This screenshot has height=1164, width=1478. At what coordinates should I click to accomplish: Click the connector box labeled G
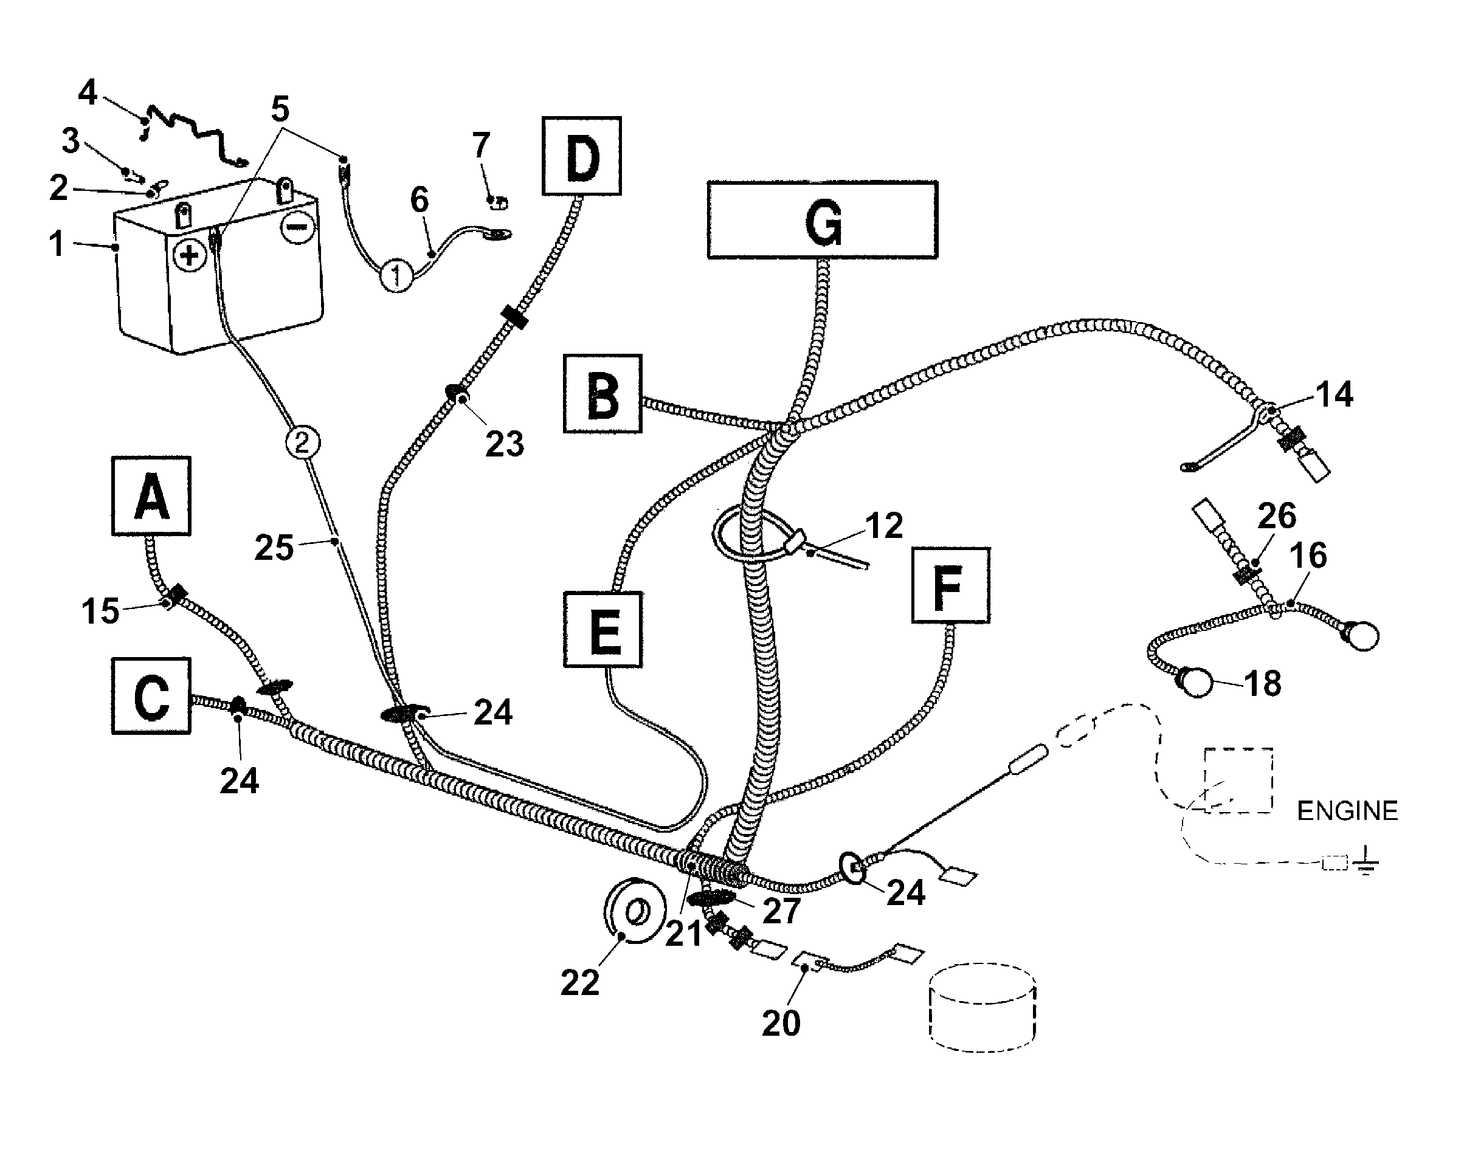click(822, 220)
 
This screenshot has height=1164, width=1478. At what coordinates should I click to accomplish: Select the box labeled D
click(581, 156)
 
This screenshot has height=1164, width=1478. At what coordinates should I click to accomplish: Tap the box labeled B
click(603, 393)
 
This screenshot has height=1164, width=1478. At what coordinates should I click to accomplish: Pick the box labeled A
click(151, 495)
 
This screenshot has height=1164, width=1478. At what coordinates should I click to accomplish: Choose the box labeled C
click(151, 696)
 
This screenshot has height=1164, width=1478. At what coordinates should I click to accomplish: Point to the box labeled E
click(603, 629)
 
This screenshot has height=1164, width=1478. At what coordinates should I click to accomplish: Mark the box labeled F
click(950, 585)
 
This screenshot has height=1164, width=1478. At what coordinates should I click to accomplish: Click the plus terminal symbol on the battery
click(190, 255)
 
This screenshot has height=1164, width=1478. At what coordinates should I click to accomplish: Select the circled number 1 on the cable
click(396, 276)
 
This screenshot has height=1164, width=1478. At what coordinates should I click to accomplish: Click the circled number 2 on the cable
click(303, 443)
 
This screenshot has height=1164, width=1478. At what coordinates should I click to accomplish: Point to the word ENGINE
click(1347, 811)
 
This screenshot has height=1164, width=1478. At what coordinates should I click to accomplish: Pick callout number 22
click(580, 982)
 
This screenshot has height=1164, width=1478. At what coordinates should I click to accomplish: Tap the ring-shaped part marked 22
click(635, 911)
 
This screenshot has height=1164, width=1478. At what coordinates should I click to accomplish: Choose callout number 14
click(1334, 394)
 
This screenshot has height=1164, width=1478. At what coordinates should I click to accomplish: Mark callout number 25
click(274, 547)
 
